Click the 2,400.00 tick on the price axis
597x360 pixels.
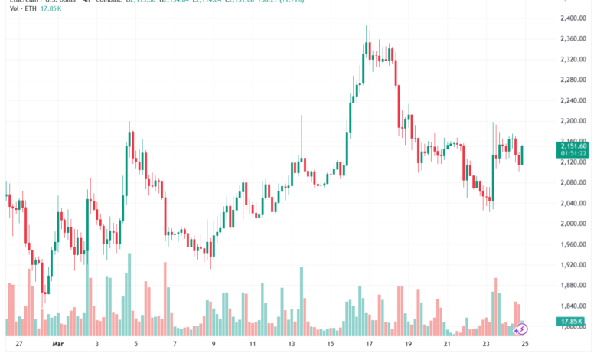[573, 18]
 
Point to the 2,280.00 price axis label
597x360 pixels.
[573, 80]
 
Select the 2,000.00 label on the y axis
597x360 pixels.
[573, 224]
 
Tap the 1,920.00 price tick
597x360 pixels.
[573, 265]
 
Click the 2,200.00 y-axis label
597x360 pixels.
[573, 121]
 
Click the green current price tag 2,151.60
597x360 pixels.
[573, 146]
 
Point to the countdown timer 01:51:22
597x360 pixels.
[573, 153]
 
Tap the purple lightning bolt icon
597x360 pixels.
[522, 329]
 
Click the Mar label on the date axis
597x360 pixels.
[57, 345]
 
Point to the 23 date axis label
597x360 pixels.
[486, 345]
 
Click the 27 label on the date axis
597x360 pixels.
[18, 345]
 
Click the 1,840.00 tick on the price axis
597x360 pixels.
[573, 306]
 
